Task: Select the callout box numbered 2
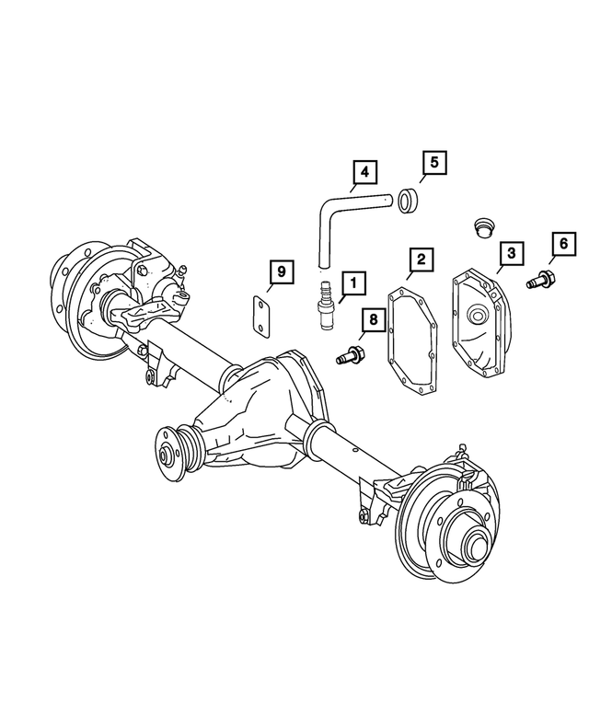(x=420, y=259)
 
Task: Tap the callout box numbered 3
(x=511, y=252)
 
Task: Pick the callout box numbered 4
(x=364, y=172)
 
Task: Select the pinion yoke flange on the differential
(x=169, y=452)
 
